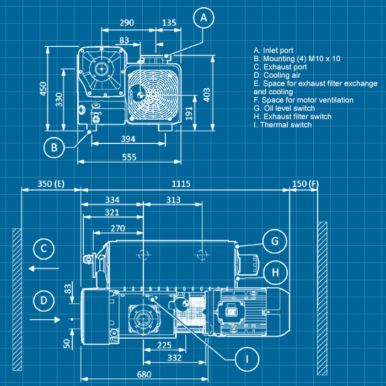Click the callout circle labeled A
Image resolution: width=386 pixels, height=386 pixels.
203,18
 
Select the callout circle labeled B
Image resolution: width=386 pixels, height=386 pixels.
54,147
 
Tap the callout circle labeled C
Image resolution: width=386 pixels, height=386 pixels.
44,249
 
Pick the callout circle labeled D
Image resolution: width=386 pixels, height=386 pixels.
44,300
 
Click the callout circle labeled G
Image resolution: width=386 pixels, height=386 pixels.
274,241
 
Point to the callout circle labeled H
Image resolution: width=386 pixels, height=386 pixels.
274,271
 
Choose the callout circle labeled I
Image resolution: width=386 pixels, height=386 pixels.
248,359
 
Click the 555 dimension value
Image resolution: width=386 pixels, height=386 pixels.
128,157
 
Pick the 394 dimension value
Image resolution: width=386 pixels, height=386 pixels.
128,139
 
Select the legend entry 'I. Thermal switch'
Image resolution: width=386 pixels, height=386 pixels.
282,125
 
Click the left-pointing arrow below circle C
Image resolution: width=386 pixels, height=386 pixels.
44,269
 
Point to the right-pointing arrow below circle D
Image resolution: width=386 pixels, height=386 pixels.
44,319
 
